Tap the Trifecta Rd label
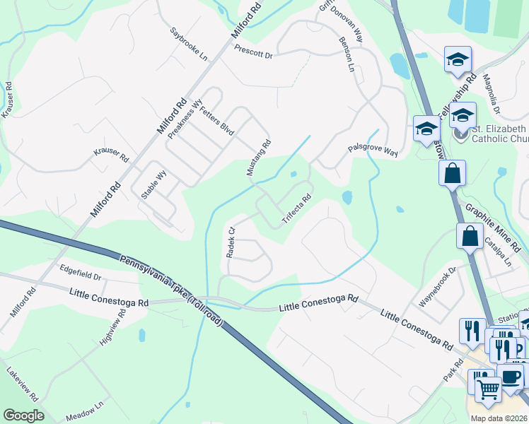[x=297, y=209]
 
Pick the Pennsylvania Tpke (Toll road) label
[x=171, y=291]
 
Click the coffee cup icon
[x=510, y=377]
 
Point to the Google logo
[x=23, y=416]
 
